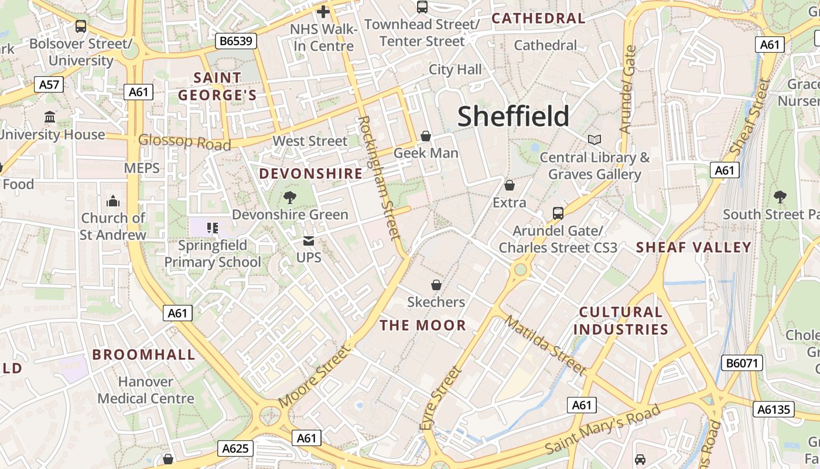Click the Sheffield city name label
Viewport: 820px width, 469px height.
coord(513,116)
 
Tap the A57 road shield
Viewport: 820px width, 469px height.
coord(49,84)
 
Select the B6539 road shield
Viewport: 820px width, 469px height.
coord(237,41)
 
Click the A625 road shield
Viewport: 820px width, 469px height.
coord(236,449)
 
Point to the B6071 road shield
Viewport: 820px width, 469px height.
coord(742,363)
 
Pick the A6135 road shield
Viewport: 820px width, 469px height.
coord(774,409)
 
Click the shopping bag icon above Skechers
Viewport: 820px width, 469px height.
coord(436,285)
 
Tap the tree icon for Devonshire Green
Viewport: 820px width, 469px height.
coord(289,197)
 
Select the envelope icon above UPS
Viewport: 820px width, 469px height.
coord(309,241)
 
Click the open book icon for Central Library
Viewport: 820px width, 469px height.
coord(594,140)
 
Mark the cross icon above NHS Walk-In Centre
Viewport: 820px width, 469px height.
coord(323,11)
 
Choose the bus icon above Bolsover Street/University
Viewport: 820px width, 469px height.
coord(81,26)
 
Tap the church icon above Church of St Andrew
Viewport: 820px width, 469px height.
coord(113,202)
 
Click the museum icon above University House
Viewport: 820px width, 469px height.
coord(50,117)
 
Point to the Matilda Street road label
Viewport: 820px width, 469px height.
coord(545,345)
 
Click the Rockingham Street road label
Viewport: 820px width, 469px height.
coord(380,177)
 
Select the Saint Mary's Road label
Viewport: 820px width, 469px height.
coord(603,429)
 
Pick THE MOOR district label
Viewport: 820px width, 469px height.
coord(423,325)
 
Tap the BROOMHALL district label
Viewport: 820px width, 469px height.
coord(143,354)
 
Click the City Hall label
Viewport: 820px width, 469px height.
coord(455,70)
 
